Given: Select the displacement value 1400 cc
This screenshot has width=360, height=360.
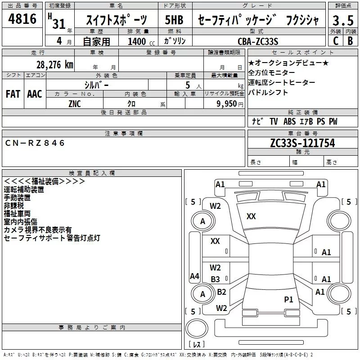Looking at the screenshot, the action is point(140,41).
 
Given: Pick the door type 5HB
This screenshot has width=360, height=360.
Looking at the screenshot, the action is point(174,20).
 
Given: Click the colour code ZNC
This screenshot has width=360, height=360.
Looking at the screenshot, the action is point(75,103).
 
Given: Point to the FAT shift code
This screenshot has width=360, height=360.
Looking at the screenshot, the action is point(13,94).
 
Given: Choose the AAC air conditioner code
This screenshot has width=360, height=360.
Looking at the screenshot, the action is point(34,94).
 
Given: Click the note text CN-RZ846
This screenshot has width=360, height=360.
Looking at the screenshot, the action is point(36,143).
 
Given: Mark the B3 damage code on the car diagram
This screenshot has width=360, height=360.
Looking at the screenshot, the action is point(216,279).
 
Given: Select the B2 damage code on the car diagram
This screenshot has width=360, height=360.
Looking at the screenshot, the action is point(221,292).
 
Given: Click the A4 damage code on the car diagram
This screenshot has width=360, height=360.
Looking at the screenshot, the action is point(194,276).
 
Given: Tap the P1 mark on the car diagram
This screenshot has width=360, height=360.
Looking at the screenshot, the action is point(288,299).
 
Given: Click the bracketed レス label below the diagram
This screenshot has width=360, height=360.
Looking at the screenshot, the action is point(197,345).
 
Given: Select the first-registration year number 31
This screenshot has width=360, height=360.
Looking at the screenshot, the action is point(59,23).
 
